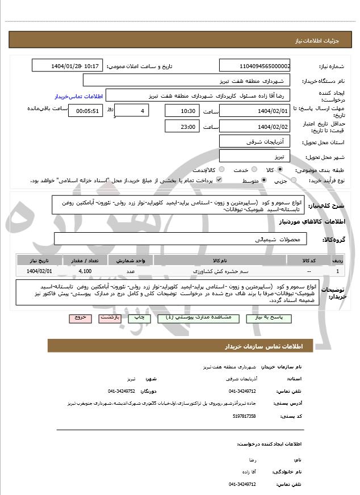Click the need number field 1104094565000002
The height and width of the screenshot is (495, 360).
pos(256,66)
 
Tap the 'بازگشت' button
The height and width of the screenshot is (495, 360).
pos(110,318)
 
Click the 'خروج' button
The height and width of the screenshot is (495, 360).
pos(79,318)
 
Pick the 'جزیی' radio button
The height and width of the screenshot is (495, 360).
pos(293,181)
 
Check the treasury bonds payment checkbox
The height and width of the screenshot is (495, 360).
pos(219,181)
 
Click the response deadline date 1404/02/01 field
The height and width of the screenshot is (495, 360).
pos(256,111)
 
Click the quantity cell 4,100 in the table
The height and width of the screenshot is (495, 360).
pos(86,271)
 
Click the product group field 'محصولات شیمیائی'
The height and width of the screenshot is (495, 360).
pos(181,239)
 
